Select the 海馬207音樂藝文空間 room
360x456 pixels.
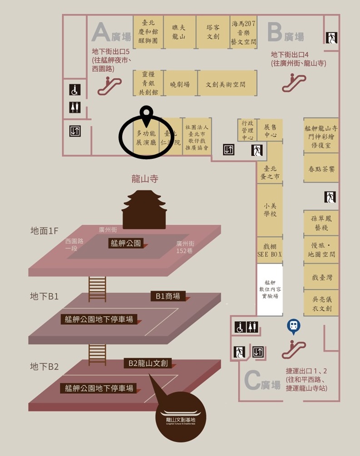pos(244,32)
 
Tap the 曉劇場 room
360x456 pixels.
pos(180,84)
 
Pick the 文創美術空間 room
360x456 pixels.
pos(225,84)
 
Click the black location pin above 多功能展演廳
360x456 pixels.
pos(146,115)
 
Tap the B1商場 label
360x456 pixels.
pos(168,296)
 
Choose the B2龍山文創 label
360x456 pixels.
pos(148,363)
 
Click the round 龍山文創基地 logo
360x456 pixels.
pos(180,416)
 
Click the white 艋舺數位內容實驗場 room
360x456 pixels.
pos(270,290)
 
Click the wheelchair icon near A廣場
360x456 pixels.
pos(75,90)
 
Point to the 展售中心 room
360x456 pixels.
pos(270,130)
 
